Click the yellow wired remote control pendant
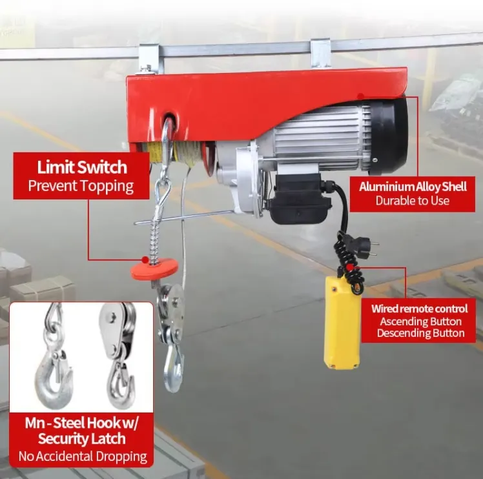coord(342,322)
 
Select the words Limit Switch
coord(82,167)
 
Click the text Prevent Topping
coord(81,186)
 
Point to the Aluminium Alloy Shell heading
coord(413,187)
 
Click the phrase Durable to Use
coord(413,201)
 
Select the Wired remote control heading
coord(419,309)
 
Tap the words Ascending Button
coord(421,321)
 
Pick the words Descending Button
coord(421,333)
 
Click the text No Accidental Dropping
coord(83,456)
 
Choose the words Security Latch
coord(81,438)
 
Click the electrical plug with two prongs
coord(364,244)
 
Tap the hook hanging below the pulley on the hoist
coord(173,368)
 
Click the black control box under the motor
coord(298,199)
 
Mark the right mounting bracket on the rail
coord(320,53)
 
